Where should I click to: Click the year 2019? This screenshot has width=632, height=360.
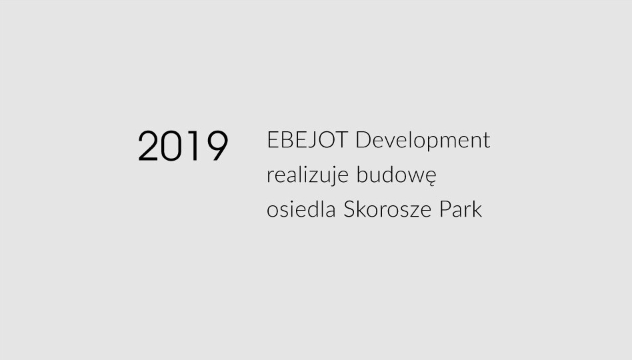tap(183, 146)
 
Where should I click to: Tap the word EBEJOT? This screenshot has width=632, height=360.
tap(307, 140)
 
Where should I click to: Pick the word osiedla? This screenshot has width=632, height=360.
tap(301, 209)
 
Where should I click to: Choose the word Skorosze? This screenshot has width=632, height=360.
tap(387, 209)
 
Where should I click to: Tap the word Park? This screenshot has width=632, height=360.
tap(461, 209)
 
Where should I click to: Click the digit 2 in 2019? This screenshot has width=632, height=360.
tap(147, 146)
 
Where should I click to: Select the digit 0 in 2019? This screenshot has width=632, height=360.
tap(171, 146)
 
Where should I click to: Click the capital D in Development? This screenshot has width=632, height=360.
tap(363, 140)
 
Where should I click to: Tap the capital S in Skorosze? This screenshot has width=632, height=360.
tap(349, 209)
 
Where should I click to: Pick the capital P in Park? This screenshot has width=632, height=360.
tap(445, 209)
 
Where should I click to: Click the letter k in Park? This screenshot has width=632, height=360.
tap(477, 209)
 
